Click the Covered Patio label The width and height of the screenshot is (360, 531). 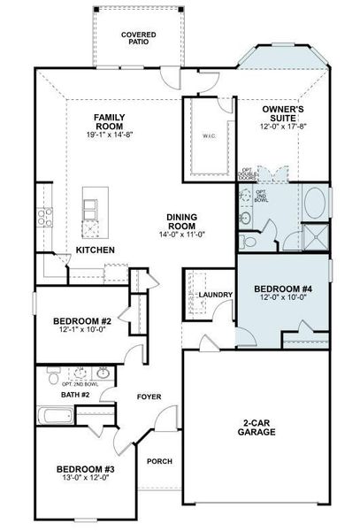click(x=139, y=37)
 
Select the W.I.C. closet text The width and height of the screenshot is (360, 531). click(x=209, y=135)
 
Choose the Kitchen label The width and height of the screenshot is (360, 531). click(x=95, y=250)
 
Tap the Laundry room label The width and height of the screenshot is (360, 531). click(x=215, y=295)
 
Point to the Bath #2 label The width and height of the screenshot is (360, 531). click(x=76, y=394)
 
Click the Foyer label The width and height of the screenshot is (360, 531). click(x=149, y=397)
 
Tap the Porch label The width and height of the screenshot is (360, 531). click(x=159, y=461)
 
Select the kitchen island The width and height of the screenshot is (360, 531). click(x=90, y=213)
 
